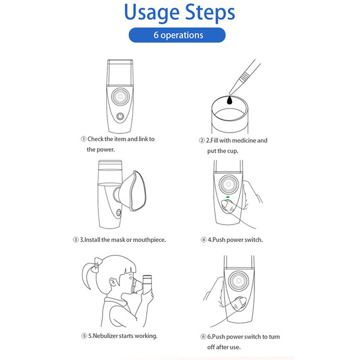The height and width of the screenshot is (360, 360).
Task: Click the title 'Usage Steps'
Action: point(179,13)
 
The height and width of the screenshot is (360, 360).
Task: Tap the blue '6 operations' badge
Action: point(178,35)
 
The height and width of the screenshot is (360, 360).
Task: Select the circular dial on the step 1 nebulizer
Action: point(120,97)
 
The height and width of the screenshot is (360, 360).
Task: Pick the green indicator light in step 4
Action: point(228,196)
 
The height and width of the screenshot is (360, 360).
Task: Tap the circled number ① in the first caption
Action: point(83,139)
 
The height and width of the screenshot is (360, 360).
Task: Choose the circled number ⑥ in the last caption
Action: point(203,337)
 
